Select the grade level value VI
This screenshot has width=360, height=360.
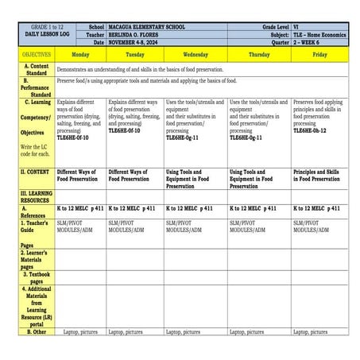[x=297, y=27]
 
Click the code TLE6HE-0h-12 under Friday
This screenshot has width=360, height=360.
[x=311, y=130]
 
